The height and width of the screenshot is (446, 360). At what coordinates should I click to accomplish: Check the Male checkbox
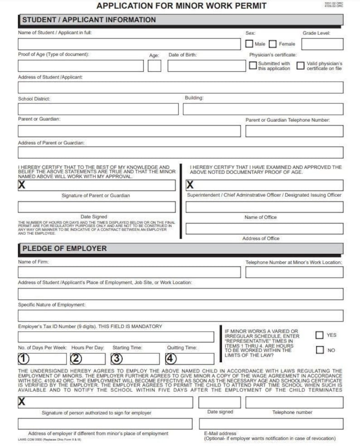[249, 44]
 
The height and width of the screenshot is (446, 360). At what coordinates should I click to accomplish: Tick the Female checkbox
[272, 44]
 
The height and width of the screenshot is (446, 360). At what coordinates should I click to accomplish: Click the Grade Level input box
[322, 44]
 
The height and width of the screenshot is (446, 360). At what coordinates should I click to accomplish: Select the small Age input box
[154, 66]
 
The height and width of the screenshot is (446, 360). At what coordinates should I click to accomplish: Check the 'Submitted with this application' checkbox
[253, 66]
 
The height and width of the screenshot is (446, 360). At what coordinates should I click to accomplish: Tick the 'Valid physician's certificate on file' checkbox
[300, 66]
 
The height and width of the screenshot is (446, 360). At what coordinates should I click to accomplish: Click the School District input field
[98, 109]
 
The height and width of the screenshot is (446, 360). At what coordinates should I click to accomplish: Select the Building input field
[263, 109]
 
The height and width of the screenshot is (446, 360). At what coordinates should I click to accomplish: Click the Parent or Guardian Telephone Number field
[294, 131]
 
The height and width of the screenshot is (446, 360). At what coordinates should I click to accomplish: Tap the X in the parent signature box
[22, 185]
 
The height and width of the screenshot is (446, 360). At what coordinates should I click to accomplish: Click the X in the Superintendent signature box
[190, 185]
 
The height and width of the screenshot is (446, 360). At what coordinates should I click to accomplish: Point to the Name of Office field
[264, 207]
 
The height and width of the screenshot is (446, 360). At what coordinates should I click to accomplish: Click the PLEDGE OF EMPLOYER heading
[64, 249]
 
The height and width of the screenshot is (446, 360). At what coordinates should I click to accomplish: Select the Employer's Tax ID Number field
[116, 337]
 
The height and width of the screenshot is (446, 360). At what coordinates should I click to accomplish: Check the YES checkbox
[320, 335]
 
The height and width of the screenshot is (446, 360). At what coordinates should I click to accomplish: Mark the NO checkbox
[320, 350]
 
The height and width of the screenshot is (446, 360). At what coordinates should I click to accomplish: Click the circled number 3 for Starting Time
[117, 359]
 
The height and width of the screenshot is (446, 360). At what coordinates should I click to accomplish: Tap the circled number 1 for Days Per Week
[24, 359]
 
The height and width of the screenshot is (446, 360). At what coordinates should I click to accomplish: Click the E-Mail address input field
[271, 424]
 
